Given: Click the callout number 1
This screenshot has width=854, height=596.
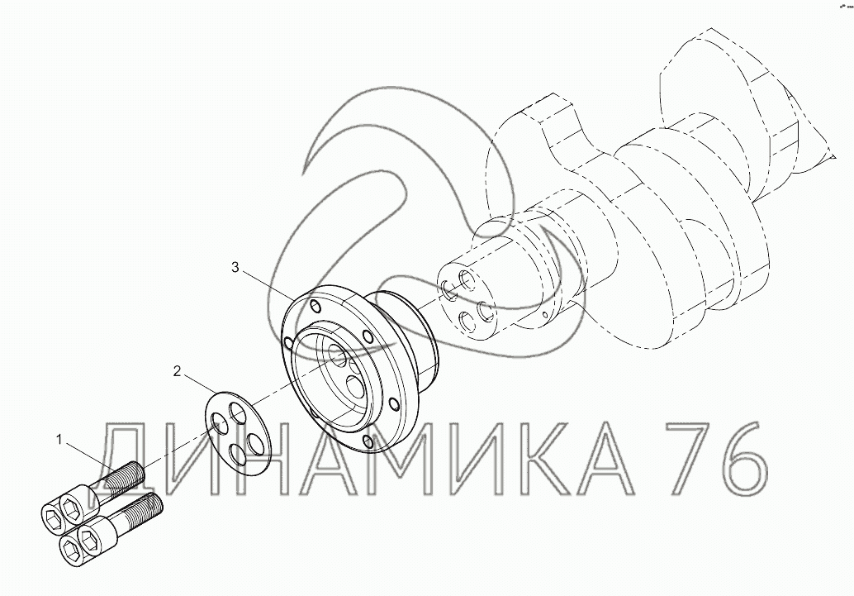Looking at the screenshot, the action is [x=60, y=438].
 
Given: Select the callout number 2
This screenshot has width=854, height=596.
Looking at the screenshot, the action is [x=177, y=371].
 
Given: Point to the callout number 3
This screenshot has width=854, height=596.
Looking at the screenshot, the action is [x=235, y=267].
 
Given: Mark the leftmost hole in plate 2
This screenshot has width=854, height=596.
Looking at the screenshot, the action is [x=221, y=423].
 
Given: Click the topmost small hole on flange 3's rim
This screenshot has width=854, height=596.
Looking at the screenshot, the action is [x=316, y=305].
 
